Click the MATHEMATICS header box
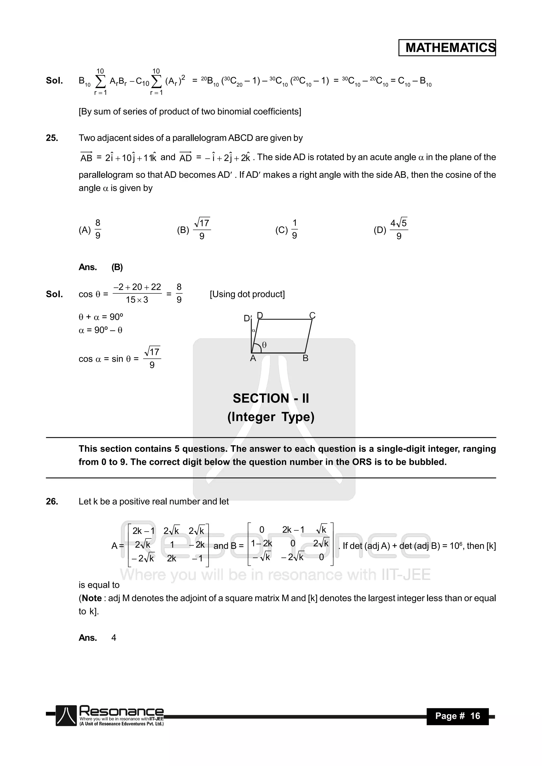coord(447,48)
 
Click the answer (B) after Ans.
coord(117,267)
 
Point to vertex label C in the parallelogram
coord(312,315)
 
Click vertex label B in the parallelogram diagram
coord(305,358)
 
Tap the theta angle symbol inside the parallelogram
coord(264,345)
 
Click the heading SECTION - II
coord(271,398)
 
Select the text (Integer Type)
coord(271,417)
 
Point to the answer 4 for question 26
coord(114,638)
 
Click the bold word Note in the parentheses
coord(92,598)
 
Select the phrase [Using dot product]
coord(247,294)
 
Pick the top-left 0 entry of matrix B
coord(262,530)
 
